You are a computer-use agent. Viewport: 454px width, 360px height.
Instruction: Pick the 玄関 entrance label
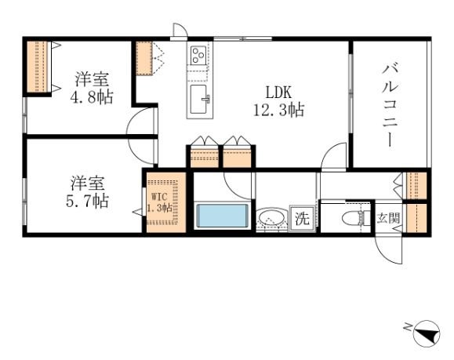388,217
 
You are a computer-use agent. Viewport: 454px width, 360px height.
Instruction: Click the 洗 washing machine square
302,219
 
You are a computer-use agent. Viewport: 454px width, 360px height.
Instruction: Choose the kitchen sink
199,100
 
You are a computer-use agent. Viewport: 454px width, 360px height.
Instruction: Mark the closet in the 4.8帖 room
37,66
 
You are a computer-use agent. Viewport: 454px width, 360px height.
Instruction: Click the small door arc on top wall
180,30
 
